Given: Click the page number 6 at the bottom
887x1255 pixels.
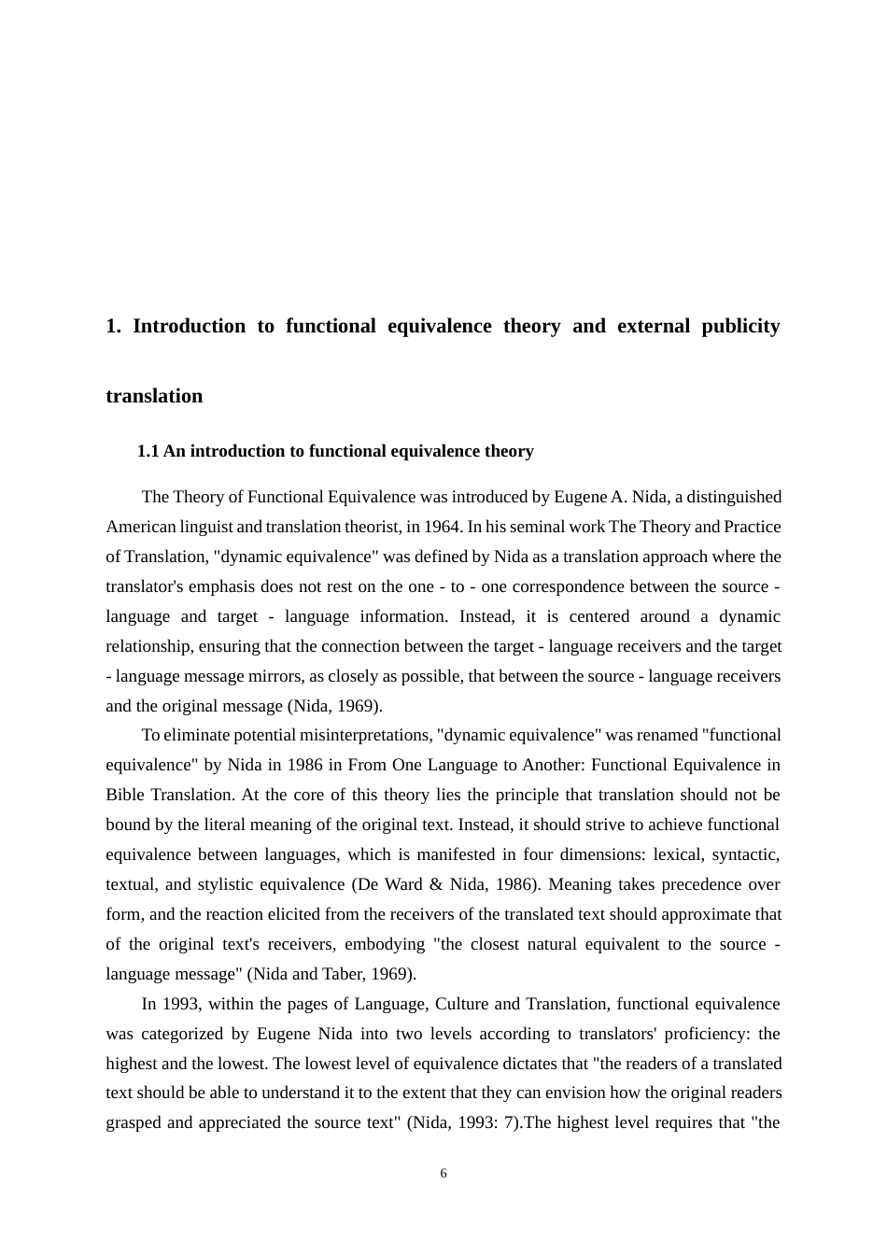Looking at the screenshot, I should (443, 1174).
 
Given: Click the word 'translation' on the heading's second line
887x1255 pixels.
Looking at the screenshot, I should (154, 396).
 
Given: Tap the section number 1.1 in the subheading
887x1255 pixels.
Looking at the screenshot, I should (148, 451).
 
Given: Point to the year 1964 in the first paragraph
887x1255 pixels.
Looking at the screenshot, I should (443, 527).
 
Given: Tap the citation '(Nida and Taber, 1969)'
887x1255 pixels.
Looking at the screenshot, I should (331, 974).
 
